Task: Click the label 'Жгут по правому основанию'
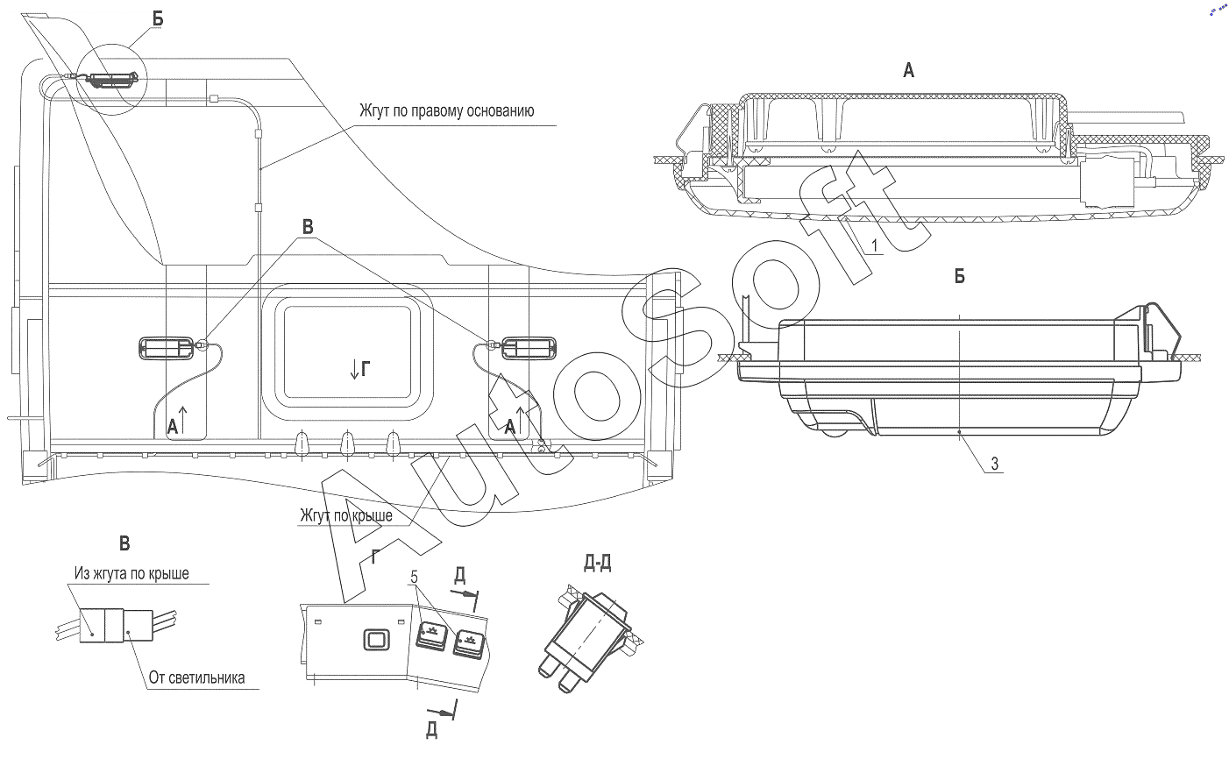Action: click(446, 110)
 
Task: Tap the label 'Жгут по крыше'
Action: click(346, 515)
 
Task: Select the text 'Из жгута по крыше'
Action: click(131, 574)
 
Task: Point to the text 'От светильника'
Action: click(196, 677)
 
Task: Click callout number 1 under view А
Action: click(875, 245)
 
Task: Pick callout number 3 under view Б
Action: click(995, 464)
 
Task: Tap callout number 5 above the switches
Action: click(414, 578)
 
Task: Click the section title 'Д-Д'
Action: click(598, 564)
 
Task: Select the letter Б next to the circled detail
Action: click(158, 19)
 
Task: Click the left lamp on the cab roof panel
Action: click(167, 348)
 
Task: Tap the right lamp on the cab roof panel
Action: click(529, 348)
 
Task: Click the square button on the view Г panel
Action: click(376, 640)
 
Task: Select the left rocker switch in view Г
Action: click(431, 636)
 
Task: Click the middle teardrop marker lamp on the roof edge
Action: click(347, 443)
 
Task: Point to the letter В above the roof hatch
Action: click(308, 227)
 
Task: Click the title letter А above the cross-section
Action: click(908, 71)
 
